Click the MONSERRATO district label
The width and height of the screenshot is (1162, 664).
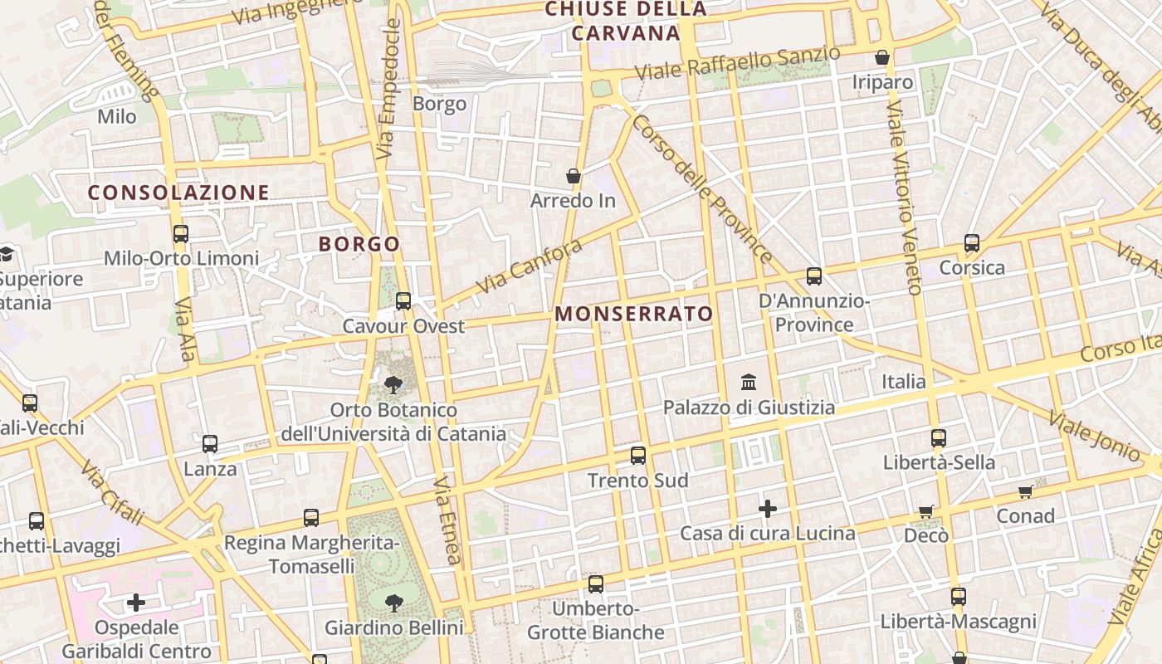634,314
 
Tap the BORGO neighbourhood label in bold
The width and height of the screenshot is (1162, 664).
359,244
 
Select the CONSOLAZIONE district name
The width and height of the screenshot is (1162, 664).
178,193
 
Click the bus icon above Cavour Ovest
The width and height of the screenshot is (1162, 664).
403,301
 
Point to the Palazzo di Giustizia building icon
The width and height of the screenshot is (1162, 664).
749,383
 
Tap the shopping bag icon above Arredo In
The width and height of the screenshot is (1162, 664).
573,176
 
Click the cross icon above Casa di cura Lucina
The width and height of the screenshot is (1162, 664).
768,508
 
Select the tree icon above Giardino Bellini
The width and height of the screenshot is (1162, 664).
393,603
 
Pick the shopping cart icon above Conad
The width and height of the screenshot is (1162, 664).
1026,491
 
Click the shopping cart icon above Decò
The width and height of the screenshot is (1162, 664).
926,511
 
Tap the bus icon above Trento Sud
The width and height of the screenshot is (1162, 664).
637,455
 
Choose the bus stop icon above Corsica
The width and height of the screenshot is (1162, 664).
972,243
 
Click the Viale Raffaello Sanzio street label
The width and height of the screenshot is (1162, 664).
738,63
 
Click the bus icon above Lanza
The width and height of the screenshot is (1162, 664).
210,444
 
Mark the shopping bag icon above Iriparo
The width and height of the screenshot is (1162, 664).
882,57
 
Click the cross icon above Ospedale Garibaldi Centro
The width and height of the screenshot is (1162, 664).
136,602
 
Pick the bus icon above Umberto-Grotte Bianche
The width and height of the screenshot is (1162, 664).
596,584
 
